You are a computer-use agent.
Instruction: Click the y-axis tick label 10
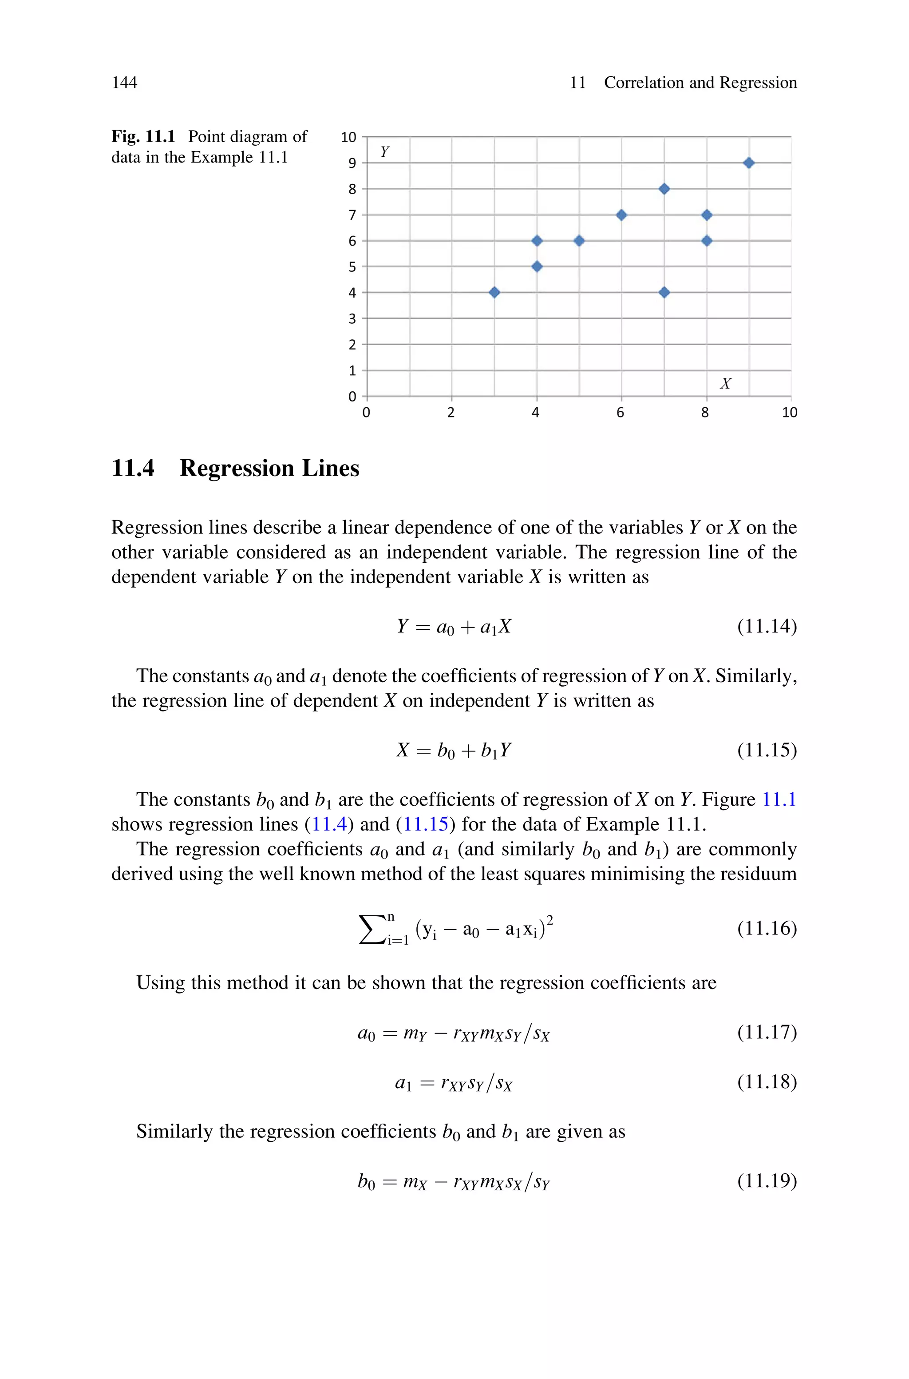coord(348,137)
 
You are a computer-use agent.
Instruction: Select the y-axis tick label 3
coord(352,319)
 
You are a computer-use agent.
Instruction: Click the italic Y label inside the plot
coord(384,152)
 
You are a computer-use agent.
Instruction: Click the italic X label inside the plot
coord(725,383)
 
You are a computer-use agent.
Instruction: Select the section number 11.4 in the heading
coord(133,468)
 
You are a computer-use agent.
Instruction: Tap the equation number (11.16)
coord(767,928)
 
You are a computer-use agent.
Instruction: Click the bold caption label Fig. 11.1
coord(143,136)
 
